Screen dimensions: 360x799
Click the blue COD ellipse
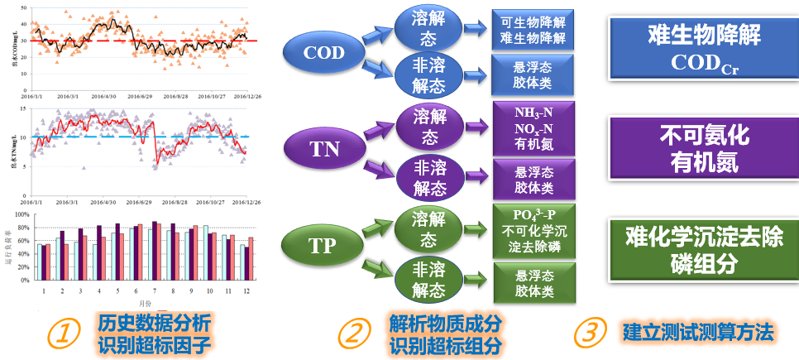323,53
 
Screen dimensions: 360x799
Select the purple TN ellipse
323,149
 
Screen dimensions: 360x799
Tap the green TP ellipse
322,246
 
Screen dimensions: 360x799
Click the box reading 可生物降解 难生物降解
533,29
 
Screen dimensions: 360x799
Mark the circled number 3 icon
586,333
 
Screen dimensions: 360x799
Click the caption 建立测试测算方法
698,333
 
